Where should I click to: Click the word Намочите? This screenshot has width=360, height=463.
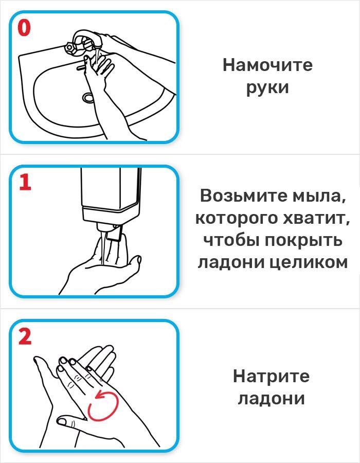point(267,65)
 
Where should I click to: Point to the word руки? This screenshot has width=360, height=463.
point(267,87)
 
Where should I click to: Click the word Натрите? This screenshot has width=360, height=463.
point(271,376)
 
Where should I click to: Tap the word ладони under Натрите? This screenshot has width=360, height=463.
point(271,398)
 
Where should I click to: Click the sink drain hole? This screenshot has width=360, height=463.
point(89,97)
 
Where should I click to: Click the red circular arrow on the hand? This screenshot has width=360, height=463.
point(103,404)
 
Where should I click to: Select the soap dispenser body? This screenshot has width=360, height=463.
point(111,190)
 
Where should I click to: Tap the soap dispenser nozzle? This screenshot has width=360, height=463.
point(115,234)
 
